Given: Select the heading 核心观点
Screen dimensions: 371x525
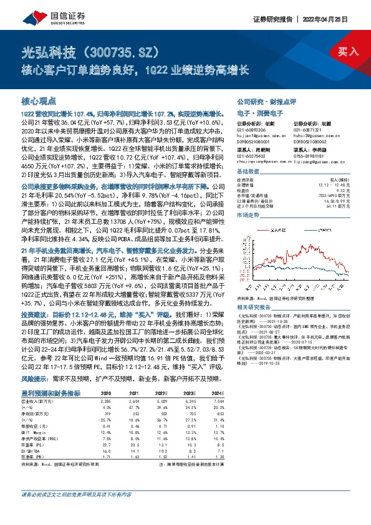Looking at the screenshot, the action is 39,100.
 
